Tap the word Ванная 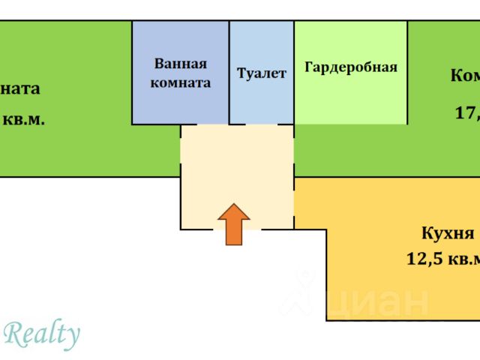pyautogui.click(x=181, y=64)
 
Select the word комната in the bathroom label pyautogui.click(x=181, y=82)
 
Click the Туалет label pyautogui.click(x=262, y=73)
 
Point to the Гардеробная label pyautogui.click(x=350, y=67)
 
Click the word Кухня pyautogui.click(x=448, y=232)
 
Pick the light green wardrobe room pyautogui.click(x=350, y=97)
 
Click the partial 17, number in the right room pyautogui.click(x=466, y=113)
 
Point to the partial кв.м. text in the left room pyautogui.click(x=22, y=119)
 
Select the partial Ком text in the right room pyautogui.click(x=465, y=76)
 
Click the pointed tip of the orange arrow pyautogui.click(x=234, y=205)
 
